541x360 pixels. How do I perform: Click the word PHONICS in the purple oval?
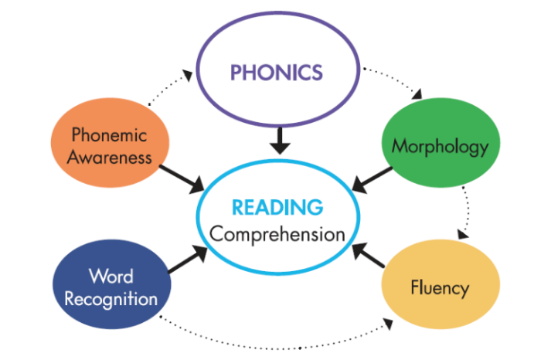[275, 73]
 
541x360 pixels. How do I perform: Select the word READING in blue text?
[277, 208]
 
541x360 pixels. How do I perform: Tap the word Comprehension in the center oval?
[277, 233]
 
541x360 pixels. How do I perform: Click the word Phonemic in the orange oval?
[108, 134]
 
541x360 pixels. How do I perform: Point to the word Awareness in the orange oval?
[108, 157]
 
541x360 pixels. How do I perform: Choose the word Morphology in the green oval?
[441, 145]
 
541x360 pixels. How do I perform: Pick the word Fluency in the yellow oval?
[439, 288]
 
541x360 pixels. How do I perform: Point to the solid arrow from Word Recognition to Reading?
[186, 260]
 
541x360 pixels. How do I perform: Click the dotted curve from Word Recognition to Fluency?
[270, 338]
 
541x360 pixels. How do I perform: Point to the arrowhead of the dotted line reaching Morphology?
[418, 97]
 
